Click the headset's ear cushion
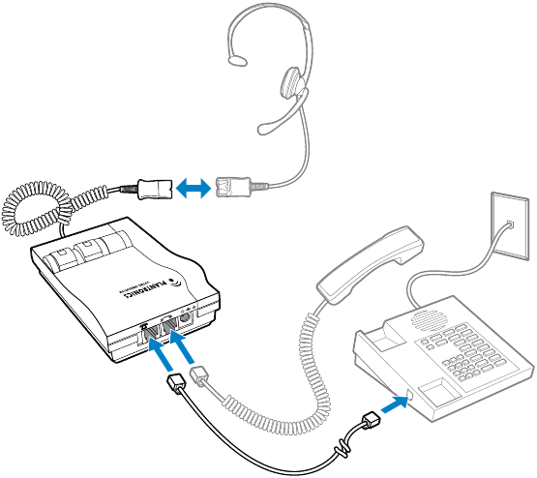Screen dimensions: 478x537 [292, 84]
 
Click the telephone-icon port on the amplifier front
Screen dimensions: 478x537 [155, 334]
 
